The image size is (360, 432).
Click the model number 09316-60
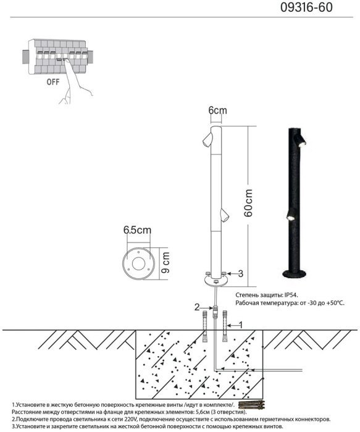point(306,7)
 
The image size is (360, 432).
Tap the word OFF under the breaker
point(53,82)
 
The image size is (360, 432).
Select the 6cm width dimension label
point(217,110)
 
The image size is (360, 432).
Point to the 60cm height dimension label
point(248,203)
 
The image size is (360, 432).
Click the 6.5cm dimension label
point(137,230)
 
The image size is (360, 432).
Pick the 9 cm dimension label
point(165,262)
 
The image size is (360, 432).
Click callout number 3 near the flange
point(241,274)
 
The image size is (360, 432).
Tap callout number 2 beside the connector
point(197,307)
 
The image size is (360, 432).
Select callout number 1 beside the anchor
point(240,325)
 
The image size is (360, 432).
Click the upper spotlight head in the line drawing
point(207,139)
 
